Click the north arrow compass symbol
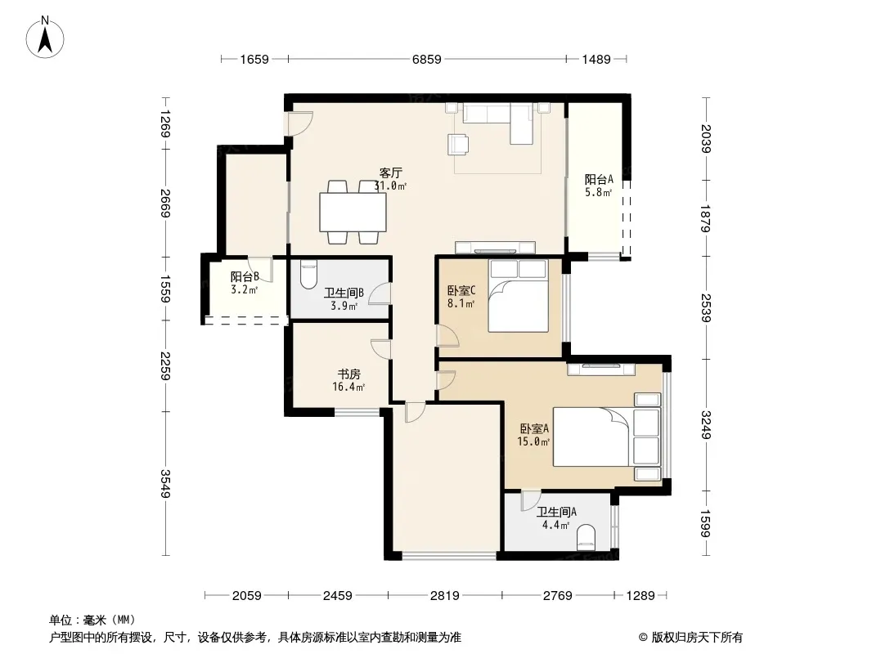[x=45, y=38]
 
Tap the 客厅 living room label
[x=390, y=172]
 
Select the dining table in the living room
[x=353, y=212]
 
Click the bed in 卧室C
[x=519, y=296]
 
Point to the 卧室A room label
[x=534, y=428]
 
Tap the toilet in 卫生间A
[x=587, y=538]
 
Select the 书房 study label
[x=348, y=374]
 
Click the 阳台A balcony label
[x=599, y=180]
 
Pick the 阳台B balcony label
[x=245, y=276]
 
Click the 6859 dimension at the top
[x=426, y=59]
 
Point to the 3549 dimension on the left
[x=165, y=483]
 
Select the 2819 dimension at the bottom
[x=444, y=596]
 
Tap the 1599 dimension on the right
[x=706, y=523]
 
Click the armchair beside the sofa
[x=458, y=144]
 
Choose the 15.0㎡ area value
[x=533, y=441]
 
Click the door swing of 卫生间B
[x=380, y=293]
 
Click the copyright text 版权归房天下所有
[x=697, y=638]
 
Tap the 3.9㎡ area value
[x=344, y=306]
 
